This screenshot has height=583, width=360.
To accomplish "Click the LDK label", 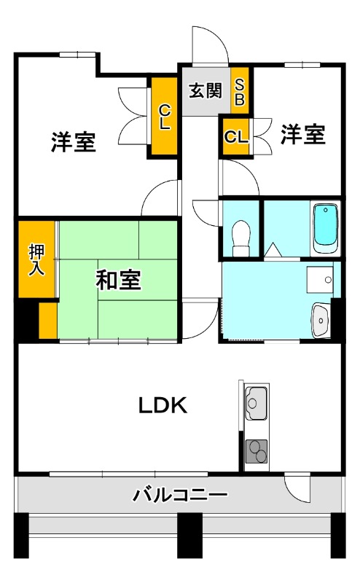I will point(164,406).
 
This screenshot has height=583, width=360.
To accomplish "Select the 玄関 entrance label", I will point(206,91).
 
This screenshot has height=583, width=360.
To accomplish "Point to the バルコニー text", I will point(179,497).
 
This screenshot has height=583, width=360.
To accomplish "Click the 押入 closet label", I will point(36,260).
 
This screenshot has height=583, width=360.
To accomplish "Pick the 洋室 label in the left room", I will point(74,142).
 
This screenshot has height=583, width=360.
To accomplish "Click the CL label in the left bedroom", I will point(165,117).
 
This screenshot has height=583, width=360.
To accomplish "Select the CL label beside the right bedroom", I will point(235,136).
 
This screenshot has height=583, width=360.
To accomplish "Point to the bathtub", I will point(325,228).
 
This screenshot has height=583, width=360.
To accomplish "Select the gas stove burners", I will point(256,452).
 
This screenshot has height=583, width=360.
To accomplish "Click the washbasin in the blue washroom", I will point(320,318).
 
